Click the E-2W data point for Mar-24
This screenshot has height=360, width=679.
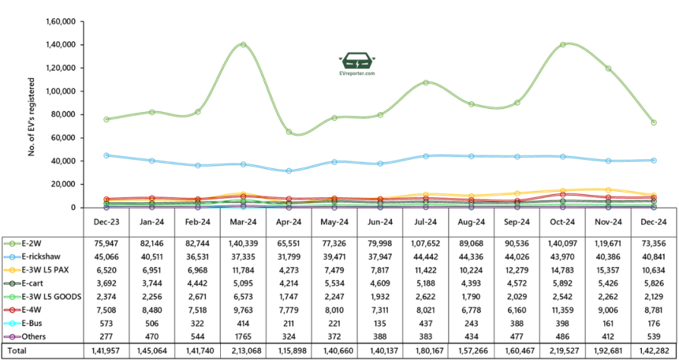(243, 45)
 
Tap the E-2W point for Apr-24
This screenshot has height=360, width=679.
(288, 132)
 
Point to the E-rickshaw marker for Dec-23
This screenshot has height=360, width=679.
(106, 155)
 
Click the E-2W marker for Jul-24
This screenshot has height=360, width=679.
(426, 83)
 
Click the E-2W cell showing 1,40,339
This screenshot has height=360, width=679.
(243, 243)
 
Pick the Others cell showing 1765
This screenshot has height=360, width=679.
(243, 336)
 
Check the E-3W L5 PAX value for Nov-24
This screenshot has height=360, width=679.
(608, 270)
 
